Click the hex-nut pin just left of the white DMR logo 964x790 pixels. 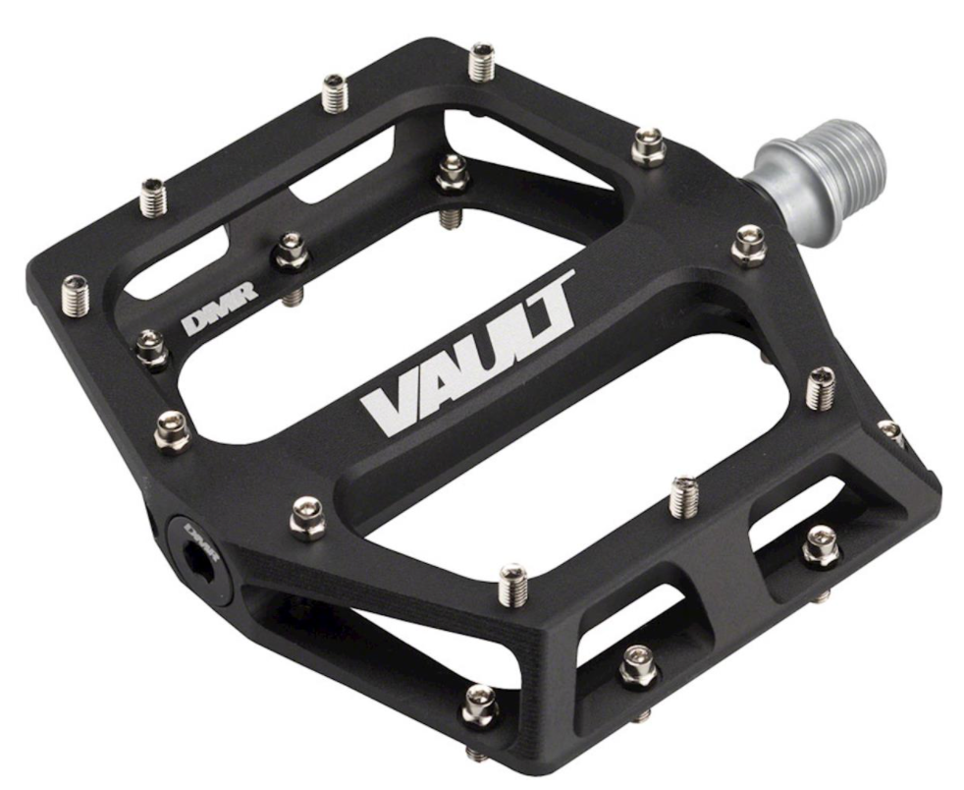[x=151, y=346]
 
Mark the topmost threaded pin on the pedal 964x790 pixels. [x=482, y=62]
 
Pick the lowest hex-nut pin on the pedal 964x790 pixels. [x=480, y=705]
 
